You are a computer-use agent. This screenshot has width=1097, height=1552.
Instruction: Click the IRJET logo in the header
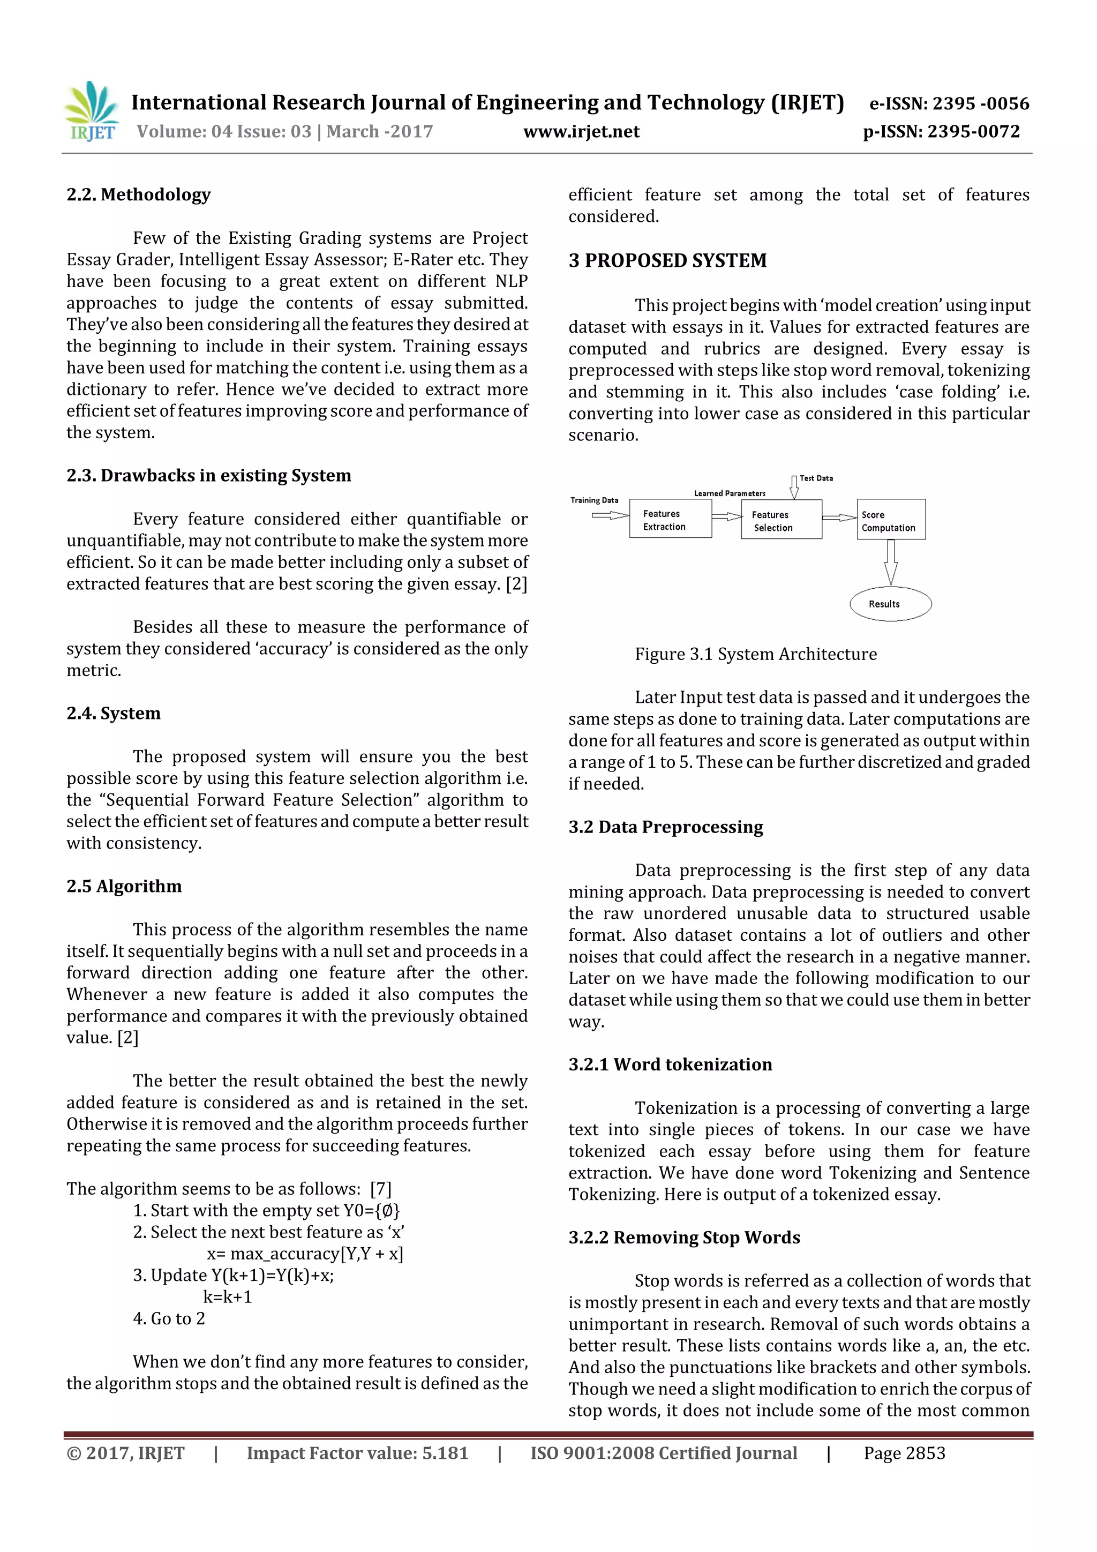click(x=93, y=111)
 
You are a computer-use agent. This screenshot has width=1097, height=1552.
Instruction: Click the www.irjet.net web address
click(x=581, y=132)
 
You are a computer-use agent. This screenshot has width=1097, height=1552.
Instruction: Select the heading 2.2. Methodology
click(x=139, y=194)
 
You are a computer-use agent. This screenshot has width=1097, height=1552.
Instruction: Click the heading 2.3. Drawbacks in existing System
click(x=208, y=475)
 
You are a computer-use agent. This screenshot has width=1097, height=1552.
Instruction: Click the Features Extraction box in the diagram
click(x=670, y=520)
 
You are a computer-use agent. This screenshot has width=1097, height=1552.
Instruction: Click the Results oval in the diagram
click(x=890, y=604)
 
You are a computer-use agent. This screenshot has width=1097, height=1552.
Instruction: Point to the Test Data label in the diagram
click(x=816, y=478)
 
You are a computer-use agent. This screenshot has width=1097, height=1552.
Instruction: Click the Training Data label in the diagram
click(x=594, y=500)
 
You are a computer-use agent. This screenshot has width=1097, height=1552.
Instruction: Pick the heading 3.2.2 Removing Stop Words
click(x=684, y=1238)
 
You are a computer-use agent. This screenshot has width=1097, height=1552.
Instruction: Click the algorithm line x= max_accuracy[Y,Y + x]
click(x=305, y=1254)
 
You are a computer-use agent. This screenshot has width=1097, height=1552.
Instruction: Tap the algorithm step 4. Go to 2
click(x=169, y=1319)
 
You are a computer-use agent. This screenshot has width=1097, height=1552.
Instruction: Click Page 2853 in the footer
click(x=904, y=1453)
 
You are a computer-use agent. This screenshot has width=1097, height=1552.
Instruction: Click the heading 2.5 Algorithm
click(x=124, y=886)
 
